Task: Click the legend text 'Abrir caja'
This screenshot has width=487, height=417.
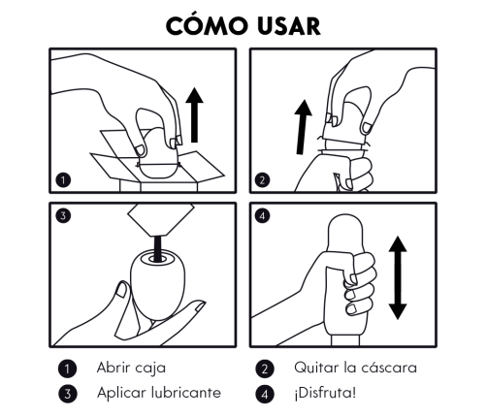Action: (132, 369)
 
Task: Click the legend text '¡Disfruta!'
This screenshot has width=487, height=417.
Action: (329, 393)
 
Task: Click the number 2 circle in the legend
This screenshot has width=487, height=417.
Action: (264, 369)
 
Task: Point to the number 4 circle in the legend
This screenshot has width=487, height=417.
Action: (264, 393)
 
